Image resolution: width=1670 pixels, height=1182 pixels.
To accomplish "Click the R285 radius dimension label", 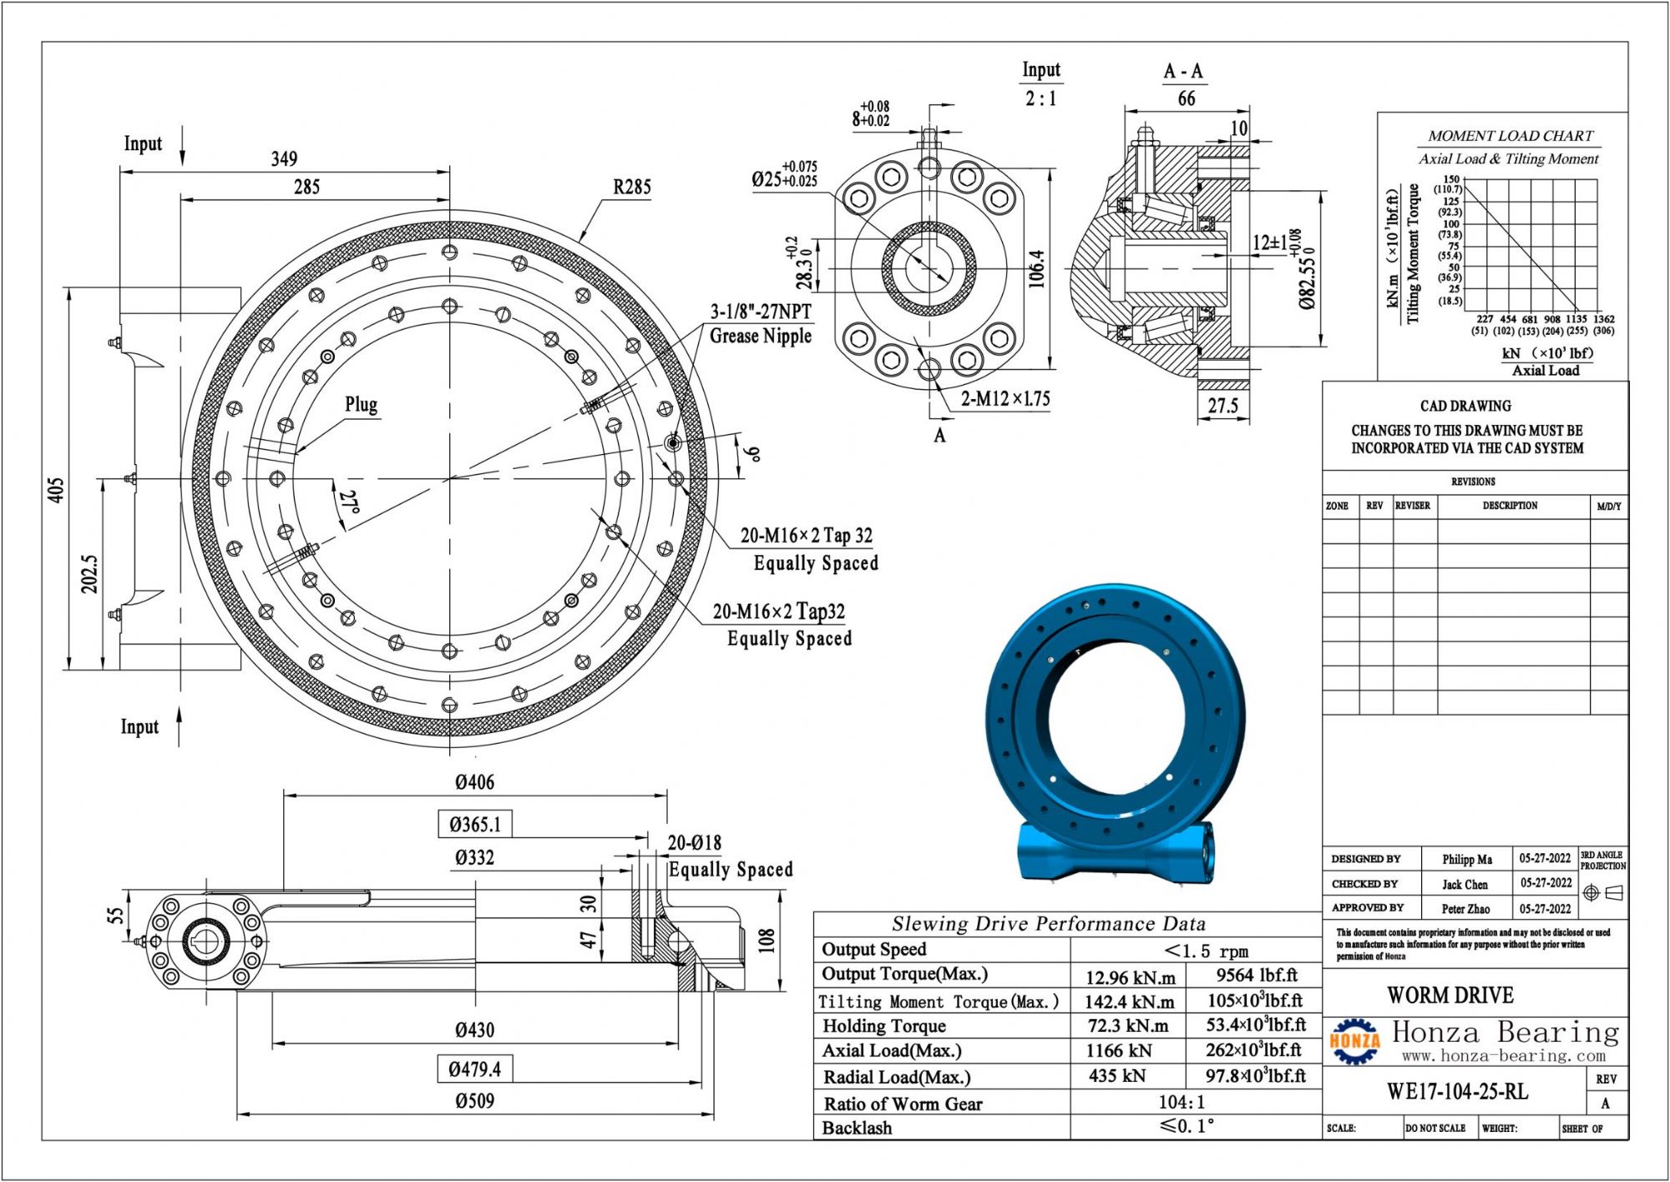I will pyautogui.click(x=631, y=187).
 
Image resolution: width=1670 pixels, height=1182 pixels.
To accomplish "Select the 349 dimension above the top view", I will pyautogui.click(x=284, y=159).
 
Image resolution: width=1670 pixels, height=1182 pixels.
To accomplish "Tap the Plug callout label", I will pyautogui.click(x=361, y=405).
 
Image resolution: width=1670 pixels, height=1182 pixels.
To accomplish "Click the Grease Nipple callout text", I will pyautogui.click(x=760, y=336).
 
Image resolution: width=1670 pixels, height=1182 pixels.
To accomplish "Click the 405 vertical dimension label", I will pyautogui.click(x=55, y=490).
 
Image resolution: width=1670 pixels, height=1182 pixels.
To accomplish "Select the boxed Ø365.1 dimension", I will pyautogui.click(x=474, y=825).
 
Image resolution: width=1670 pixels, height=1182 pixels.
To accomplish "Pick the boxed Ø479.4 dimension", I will pyautogui.click(x=474, y=1069).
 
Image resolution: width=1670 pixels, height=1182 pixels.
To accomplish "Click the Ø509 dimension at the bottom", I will pyautogui.click(x=474, y=1101).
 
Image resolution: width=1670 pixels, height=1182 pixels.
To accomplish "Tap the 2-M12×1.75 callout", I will pyautogui.click(x=1005, y=399).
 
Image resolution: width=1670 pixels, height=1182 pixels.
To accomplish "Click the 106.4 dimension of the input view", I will pyautogui.click(x=1036, y=269).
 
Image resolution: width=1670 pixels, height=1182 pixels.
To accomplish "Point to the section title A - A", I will pyautogui.click(x=1183, y=72).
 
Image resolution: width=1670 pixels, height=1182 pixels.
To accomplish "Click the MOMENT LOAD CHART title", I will pyautogui.click(x=1510, y=136).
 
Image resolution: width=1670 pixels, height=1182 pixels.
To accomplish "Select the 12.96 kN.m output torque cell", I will pyautogui.click(x=1129, y=977).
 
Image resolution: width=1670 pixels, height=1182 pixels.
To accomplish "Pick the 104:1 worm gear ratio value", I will pyautogui.click(x=1181, y=1103).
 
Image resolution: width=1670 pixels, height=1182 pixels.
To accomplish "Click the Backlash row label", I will pyautogui.click(x=857, y=1129).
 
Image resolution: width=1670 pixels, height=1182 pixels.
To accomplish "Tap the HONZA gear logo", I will pyautogui.click(x=1354, y=1042).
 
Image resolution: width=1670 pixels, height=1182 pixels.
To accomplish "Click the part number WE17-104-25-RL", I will pyautogui.click(x=1457, y=1092).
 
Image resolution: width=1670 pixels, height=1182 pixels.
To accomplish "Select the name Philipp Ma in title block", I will pyautogui.click(x=1466, y=859).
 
